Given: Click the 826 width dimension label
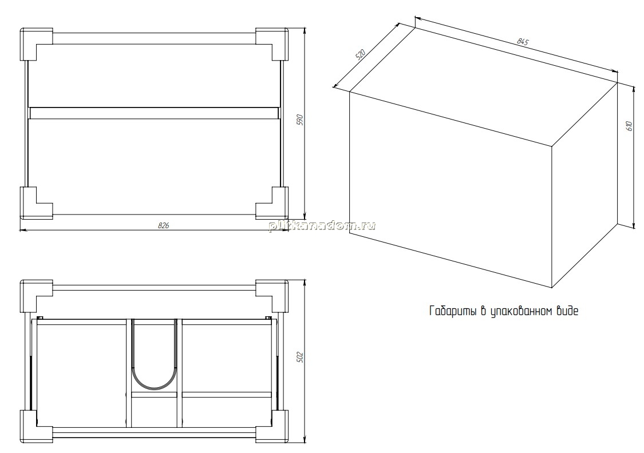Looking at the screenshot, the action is pos(164,225).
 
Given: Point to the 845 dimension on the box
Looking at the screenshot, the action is pos(523,41).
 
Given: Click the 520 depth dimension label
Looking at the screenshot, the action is pos(360,54).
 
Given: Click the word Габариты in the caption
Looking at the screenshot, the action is pos(453,311).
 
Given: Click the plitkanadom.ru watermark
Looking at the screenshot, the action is pos(322,225).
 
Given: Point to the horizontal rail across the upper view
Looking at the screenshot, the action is pos(154,113).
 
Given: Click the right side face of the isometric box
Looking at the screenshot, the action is pos(584,185).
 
